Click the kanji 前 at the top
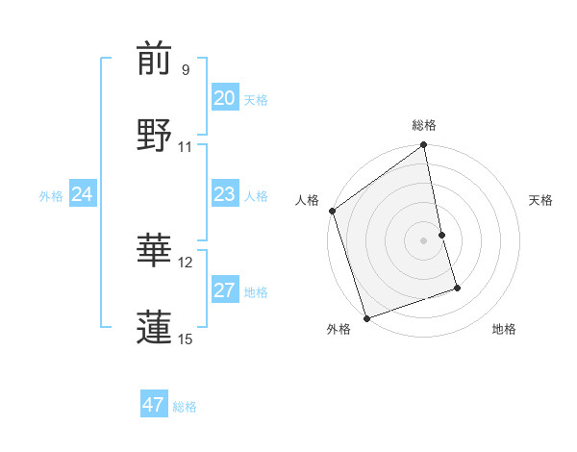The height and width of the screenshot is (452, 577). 154,59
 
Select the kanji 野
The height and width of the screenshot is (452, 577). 154,135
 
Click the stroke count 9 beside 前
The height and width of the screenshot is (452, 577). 186,70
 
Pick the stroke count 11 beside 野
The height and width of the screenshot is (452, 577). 186,146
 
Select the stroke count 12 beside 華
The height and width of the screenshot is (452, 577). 186,262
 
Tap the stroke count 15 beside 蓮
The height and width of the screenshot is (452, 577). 186,338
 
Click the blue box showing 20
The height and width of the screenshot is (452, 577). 224,98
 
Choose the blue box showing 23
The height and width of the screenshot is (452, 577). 224,195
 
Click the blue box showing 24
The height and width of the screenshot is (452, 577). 82,195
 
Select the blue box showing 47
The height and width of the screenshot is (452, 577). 153,405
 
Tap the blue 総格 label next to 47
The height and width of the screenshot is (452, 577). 185,407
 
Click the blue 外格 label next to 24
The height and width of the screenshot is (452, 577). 51,196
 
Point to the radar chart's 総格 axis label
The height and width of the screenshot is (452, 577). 424,125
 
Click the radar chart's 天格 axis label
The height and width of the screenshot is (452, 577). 541,200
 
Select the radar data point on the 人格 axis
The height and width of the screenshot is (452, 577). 333,211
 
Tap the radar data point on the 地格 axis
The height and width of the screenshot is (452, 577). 457,288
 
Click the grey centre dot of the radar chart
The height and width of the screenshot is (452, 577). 424,240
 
